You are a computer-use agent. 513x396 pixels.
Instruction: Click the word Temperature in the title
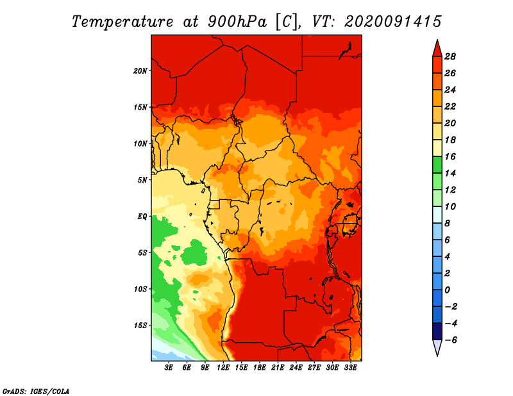122,22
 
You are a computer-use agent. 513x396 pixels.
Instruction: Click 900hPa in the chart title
237,22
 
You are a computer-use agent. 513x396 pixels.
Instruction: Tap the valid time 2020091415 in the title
393,22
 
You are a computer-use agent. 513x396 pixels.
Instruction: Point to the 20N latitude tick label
140,71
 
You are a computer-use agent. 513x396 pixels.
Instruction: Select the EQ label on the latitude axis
142,217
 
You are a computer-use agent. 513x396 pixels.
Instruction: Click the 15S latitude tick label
140,326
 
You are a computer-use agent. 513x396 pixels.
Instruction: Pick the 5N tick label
142,180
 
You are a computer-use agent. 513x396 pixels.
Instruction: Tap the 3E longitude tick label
169,368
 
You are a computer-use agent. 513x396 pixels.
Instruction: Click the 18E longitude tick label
260,368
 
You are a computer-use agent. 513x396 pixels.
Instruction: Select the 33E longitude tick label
350,368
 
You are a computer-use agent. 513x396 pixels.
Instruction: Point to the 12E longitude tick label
223,368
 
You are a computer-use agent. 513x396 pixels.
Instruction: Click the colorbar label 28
450,56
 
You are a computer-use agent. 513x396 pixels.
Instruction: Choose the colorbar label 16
450,156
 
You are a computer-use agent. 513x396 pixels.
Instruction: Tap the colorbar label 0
447,290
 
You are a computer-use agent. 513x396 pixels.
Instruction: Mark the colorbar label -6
451,340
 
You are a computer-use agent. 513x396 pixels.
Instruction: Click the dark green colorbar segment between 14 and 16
437,165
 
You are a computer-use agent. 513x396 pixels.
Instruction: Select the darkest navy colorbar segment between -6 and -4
437,331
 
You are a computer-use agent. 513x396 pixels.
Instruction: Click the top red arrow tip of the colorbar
437,40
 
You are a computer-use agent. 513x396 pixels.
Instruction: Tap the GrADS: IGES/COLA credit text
36,392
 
